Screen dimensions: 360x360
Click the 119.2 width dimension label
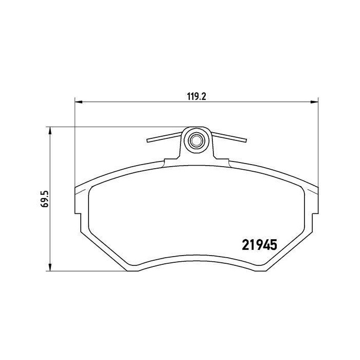[196, 97]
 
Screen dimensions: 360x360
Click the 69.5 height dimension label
[45, 199]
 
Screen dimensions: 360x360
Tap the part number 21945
[260, 245]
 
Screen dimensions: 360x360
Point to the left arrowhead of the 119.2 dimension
[79, 102]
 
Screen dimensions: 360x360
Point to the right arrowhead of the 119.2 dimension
[314, 102]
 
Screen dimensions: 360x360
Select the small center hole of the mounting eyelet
[196, 140]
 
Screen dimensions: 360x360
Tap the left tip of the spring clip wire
[148, 140]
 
